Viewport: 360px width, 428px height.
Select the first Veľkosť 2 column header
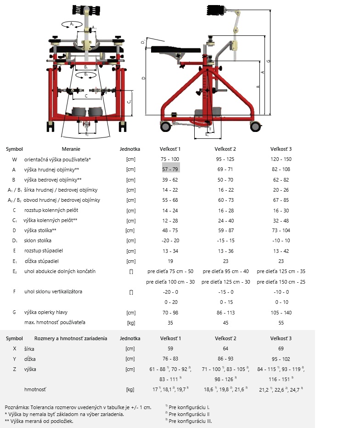[x=225, y=149]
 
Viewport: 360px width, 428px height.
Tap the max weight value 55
[x=281, y=323]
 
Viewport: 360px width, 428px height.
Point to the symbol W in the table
[x=14, y=160]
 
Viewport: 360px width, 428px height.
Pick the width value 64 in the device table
[x=225, y=349]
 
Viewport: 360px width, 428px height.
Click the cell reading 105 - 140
[x=281, y=313]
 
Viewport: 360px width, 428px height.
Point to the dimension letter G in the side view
[x=268, y=61]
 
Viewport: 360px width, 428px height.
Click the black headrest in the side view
[x=214, y=11]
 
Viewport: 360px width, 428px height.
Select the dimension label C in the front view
[x=86, y=96]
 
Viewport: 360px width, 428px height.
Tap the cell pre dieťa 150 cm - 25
[x=281, y=282]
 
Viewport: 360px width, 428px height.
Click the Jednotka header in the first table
[x=130, y=149]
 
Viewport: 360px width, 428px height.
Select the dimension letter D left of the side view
[x=143, y=78]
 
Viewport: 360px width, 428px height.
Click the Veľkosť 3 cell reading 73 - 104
[x=281, y=230]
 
